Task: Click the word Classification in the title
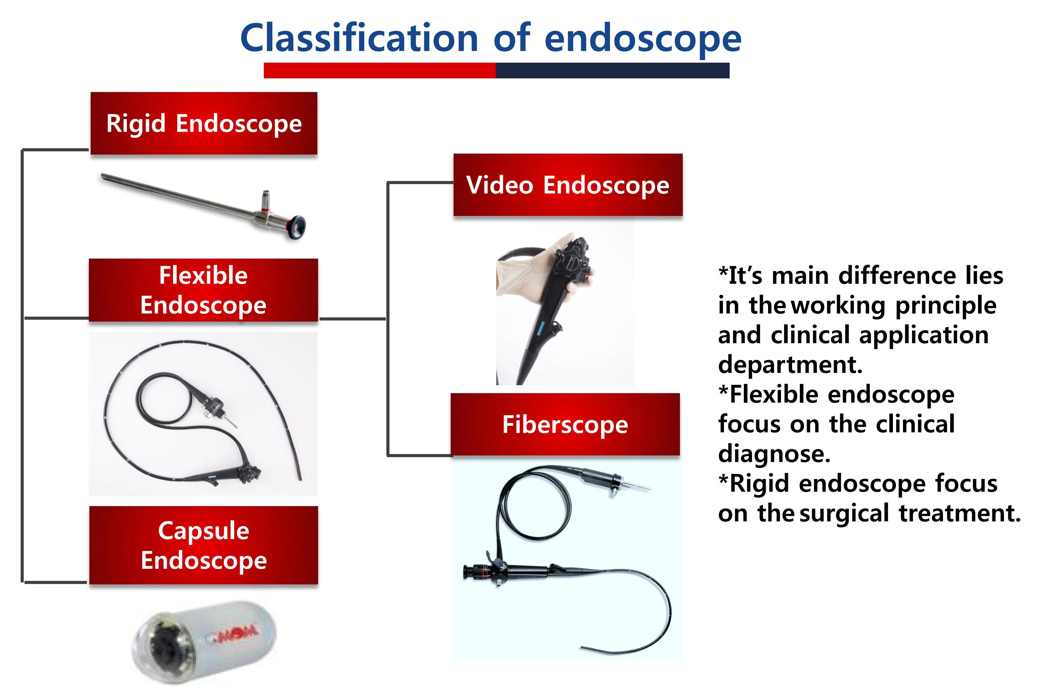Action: click(359, 39)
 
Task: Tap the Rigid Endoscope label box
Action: click(204, 124)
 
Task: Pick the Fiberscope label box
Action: click(565, 424)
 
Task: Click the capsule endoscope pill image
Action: click(205, 641)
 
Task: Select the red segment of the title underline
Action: click(379, 70)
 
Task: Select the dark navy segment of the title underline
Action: click(612, 70)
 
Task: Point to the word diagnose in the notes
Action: click(774, 454)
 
